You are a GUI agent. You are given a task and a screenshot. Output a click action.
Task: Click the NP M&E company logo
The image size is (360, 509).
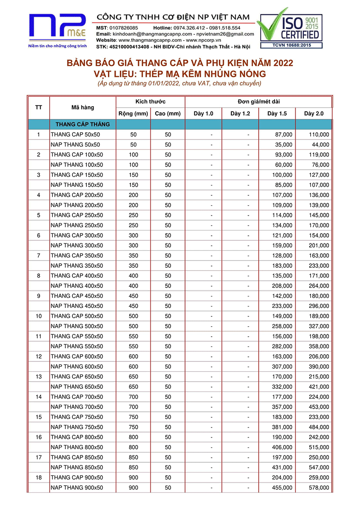click(57, 27)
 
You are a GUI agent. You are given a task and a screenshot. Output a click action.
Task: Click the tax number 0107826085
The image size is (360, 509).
click(124, 28)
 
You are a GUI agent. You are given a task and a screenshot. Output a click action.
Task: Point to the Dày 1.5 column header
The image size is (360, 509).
click(277, 113)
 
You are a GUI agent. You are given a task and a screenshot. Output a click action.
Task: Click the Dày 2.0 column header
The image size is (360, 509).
click(314, 113)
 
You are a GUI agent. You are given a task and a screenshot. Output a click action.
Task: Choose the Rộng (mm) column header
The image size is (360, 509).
click(133, 113)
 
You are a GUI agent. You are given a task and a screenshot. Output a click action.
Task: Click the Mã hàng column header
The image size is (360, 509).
click(83, 108)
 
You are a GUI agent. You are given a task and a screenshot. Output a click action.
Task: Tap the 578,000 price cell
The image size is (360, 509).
click(319, 488)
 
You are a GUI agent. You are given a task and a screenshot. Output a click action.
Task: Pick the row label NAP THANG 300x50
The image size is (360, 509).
click(77, 246)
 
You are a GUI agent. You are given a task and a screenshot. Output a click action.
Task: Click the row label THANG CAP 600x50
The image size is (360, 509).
click(77, 356)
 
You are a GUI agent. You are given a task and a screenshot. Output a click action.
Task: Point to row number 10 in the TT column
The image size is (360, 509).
click(39, 316)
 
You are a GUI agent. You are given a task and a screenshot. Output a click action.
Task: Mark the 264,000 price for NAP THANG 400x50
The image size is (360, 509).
click(319, 286)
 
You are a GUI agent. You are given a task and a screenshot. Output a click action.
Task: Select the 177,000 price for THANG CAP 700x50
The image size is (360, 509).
click(282, 397)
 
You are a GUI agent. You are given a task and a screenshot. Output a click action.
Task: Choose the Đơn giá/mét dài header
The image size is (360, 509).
click(258, 101)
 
